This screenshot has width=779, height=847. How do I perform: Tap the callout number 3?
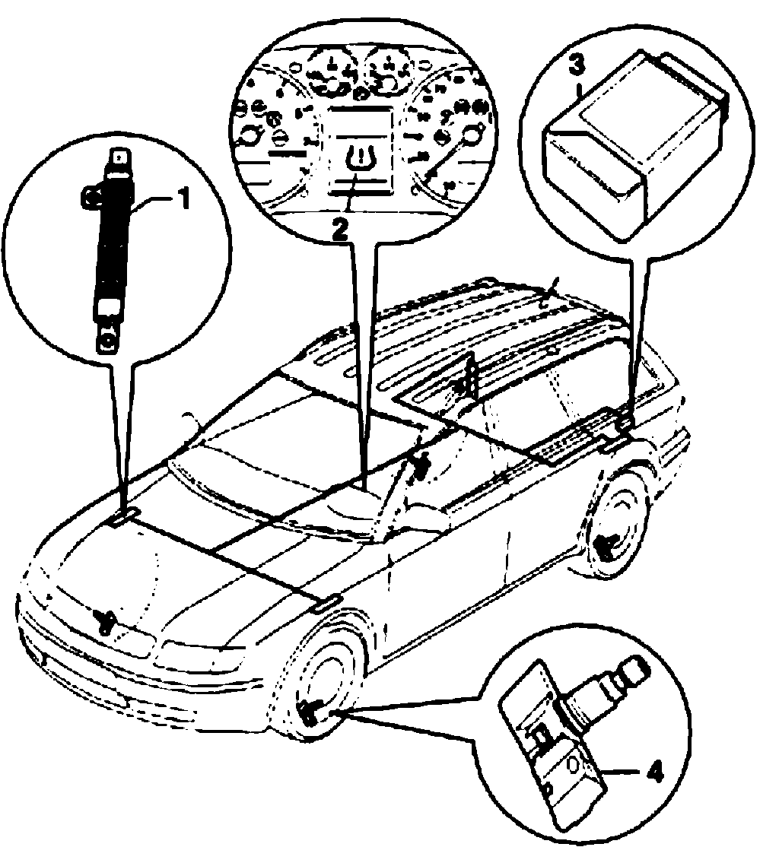click(x=578, y=65)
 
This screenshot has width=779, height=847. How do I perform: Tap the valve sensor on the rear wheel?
click(x=606, y=544)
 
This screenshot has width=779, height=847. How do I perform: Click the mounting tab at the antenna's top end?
click(x=118, y=157)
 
